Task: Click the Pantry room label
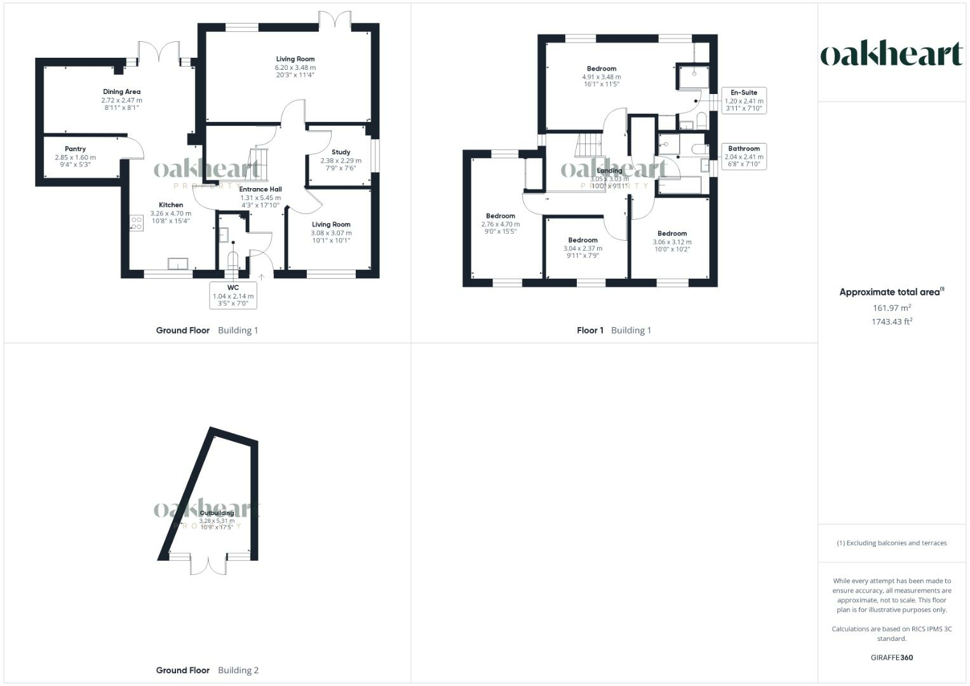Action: [75, 149]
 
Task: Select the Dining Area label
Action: [121, 92]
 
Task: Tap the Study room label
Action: [340, 152]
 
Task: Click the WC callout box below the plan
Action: [233, 295]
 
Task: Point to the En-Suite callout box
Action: [744, 100]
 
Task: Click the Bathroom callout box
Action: [744, 156]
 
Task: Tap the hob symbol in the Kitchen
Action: [136, 223]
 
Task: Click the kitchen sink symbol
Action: [178, 264]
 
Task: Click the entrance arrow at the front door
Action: [261, 277]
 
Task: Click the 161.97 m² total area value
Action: [892, 308]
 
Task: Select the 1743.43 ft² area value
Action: [892, 321]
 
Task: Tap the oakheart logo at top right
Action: [891, 55]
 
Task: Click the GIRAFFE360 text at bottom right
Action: [891, 657]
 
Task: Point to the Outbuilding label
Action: [217, 513]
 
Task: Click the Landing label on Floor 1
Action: [609, 171]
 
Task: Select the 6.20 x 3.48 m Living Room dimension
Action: [295, 67]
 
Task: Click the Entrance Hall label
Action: [260, 189]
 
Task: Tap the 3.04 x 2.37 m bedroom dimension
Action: [583, 248]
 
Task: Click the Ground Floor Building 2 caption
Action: [207, 670]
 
